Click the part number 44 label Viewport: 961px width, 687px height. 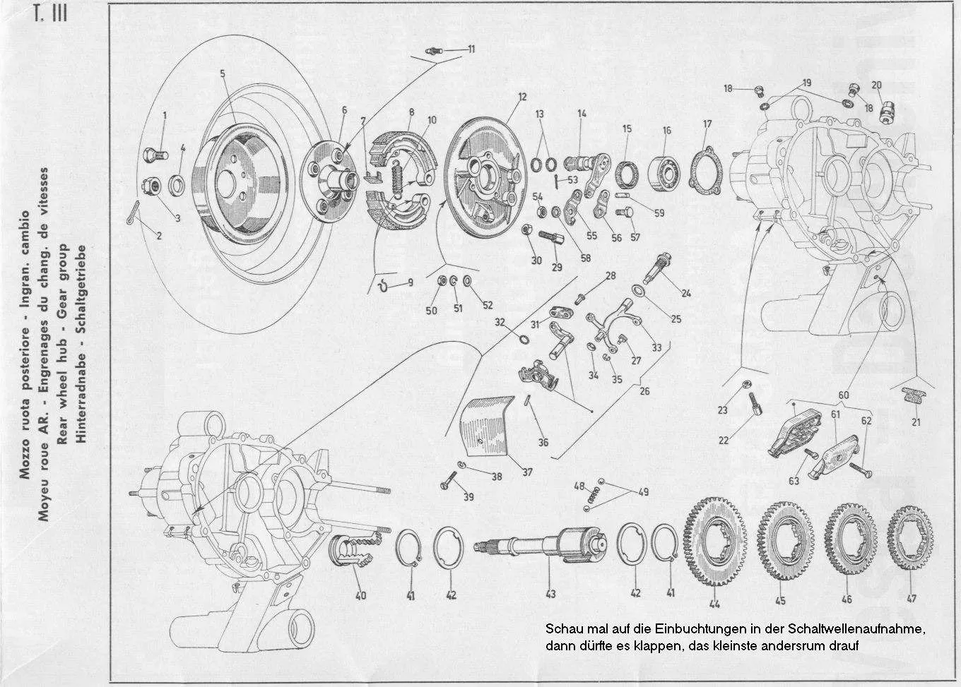tap(715, 604)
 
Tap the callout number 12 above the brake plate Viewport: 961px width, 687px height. tap(521, 97)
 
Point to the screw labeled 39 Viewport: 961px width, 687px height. tap(447, 486)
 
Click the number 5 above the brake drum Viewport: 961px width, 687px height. tap(222, 73)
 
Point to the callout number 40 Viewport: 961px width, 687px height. tap(360, 596)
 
